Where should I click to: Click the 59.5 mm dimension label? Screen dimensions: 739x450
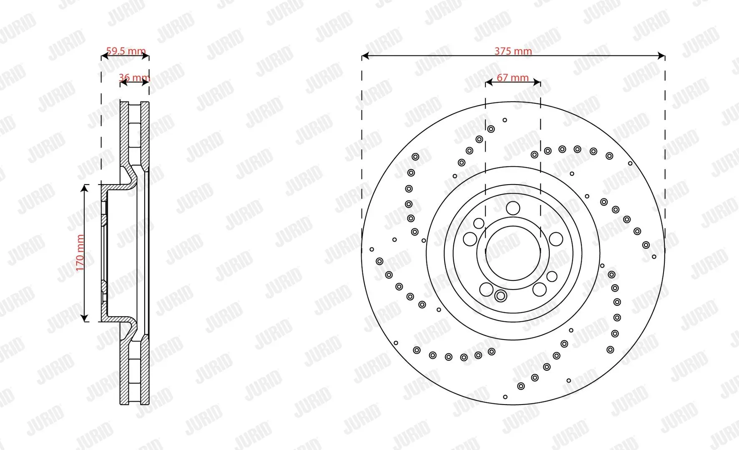coord(126,51)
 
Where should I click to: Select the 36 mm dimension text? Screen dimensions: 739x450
coord(134,77)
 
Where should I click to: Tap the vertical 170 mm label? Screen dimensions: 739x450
coord(80,252)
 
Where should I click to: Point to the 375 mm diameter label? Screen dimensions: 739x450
coord(513,51)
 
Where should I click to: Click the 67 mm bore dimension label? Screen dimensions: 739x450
coord(513,77)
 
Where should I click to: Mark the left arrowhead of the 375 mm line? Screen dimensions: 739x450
coord(365,56)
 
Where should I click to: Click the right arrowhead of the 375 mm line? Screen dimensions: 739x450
coord(661,56)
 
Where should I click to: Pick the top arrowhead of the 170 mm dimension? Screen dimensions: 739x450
coord(85,188)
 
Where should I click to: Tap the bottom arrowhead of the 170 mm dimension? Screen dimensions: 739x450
coord(85,318)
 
